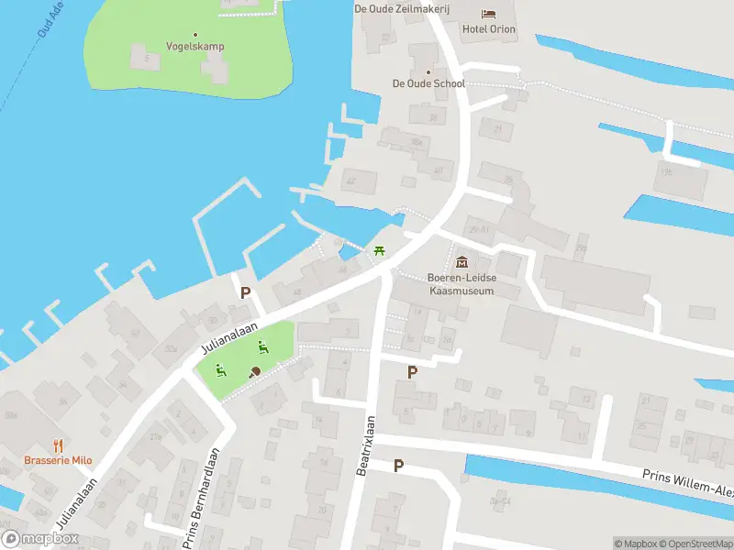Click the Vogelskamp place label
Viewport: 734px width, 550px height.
click(x=195, y=46)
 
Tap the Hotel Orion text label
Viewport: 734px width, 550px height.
click(x=488, y=29)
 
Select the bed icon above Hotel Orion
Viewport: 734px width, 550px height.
click(x=488, y=13)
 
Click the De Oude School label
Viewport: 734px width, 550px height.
click(x=428, y=83)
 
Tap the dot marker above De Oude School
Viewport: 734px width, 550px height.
click(x=428, y=71)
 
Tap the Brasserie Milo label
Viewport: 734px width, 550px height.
click(x=57, y=460)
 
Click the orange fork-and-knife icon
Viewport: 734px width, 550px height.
click(x=57, y=445)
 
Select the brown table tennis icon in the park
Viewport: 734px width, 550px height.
click(x=254, y=371)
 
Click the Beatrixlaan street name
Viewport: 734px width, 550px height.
click(x=364, y=445)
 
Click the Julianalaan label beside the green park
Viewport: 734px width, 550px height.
click(x=229, y=336)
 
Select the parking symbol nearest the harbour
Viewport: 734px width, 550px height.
click(x=245, y=293)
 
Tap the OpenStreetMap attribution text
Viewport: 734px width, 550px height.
click(x=695, y=544)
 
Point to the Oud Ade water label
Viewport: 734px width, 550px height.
click(x=51, y=18)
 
